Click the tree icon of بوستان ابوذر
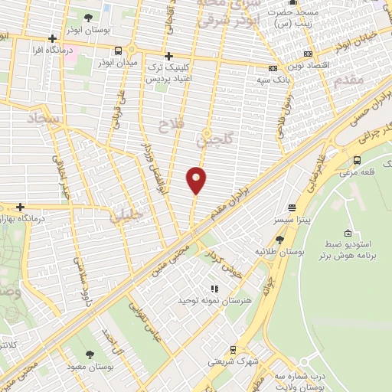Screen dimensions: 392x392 pos(89,16)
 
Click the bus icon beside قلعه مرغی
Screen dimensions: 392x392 pos(358,160)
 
